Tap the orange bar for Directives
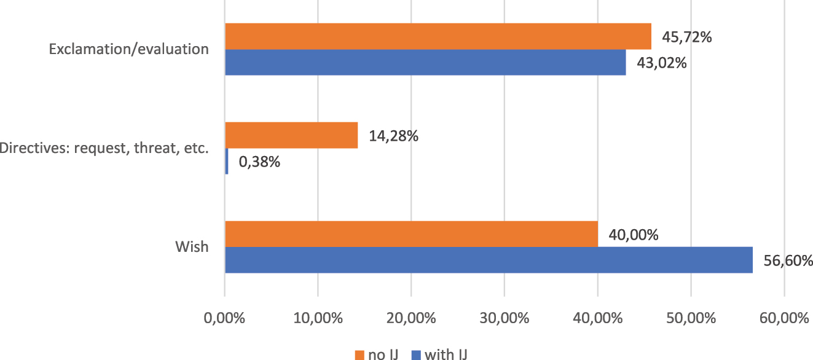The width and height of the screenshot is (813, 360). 291,135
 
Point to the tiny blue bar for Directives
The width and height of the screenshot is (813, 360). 227,161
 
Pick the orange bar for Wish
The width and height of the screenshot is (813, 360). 411,234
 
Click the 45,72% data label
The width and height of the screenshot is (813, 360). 686,37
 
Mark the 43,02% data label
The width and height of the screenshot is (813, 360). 661,63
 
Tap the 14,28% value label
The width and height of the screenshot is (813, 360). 393,136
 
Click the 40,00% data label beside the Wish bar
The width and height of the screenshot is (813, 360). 634,235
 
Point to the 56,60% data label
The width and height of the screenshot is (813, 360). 788,260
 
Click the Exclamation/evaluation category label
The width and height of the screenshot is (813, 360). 129,49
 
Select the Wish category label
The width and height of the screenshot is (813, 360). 192,247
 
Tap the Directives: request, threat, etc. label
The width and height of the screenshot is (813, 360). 104,148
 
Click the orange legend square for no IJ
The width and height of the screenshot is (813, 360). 360,354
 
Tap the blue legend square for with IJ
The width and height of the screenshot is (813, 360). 415,354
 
